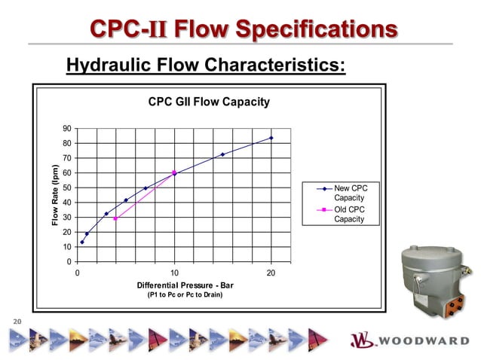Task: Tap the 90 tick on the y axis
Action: [67, 129]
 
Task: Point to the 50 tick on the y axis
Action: [67, 188]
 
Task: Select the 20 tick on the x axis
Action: [271, 273]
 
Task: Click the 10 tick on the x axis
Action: [174, 273]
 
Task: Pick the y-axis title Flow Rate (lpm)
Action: [55, 195]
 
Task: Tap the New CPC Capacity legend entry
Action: [350, 192]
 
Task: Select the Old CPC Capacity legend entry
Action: [350, 214]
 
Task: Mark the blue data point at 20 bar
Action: [271, 138]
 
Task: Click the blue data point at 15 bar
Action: [222, 154]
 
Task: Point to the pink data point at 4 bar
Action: [115, 218]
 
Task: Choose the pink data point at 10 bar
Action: [174, 172]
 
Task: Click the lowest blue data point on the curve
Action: [82, 242]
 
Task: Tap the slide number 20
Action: [16, 322]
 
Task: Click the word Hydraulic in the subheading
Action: [106, 66]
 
